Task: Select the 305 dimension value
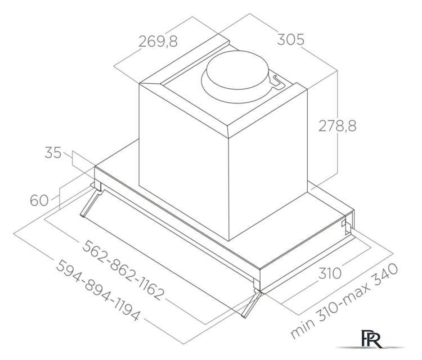pyautogui.click(x=290, y=40)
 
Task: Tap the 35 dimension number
pyautogui.click(x=53, y=152)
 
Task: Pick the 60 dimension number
pyautogui.click(x=39, y=200)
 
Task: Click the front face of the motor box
pyautogui.click(x=183, y=157)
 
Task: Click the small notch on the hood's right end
pyautogui.click(x=344, y=226)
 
